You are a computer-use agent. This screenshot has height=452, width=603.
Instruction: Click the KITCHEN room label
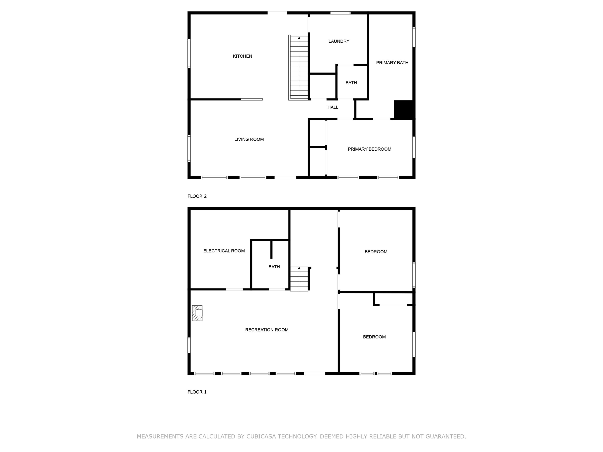[x=242, y=56]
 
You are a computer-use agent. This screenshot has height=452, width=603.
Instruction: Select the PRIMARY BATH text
[x=392, y=63]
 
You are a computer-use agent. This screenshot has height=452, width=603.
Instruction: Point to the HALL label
[x=333, y=107]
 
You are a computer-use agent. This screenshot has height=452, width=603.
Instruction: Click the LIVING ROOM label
[x=249, y=139]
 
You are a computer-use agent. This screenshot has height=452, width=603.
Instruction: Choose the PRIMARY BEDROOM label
[x=369, y=149]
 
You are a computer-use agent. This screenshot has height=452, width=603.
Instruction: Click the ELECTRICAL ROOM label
[x=224, y=251]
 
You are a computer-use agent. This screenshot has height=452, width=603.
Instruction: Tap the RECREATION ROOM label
[x=267, y=330]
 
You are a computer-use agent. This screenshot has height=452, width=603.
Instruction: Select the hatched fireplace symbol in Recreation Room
[x=197, y=313]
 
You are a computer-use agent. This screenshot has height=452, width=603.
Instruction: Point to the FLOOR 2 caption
[x=197, y=196]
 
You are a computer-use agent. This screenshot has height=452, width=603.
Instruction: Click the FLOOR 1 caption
[x=197, y=392]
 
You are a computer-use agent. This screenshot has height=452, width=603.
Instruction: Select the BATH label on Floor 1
[x=274, y=267]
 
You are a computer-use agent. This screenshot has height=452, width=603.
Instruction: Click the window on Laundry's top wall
[x=340, y=13]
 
